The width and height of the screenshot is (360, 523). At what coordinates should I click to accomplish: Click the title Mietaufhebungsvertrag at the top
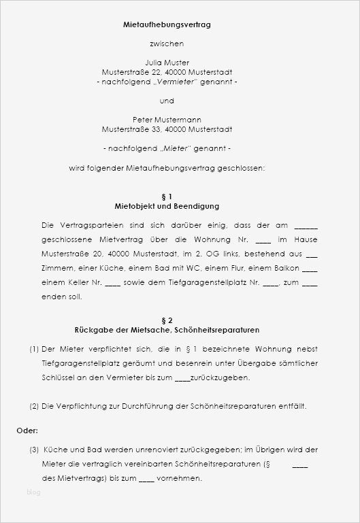[x=167, y=24]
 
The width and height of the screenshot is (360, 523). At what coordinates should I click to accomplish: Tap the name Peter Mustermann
[x=167, y=120]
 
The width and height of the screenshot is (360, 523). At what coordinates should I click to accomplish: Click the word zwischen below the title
[x=167, y=44]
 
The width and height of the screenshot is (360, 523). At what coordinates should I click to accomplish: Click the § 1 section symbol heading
[x=167, y=197]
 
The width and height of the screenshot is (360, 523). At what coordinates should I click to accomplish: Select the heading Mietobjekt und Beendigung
[x=167, y=206]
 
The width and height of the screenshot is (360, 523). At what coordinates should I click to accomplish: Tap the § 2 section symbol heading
[x=167, y=320]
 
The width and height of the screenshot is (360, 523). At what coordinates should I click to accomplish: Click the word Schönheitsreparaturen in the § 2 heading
[x=216, y=330]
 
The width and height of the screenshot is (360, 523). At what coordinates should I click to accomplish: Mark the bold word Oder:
[x=27, y=431]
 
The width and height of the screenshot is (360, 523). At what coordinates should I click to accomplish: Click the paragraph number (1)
[x=34, y=349]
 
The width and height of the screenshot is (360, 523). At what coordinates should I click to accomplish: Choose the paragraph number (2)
[x=34, y=406]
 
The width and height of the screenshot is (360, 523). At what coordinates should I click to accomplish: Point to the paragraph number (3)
[x=34, y=450]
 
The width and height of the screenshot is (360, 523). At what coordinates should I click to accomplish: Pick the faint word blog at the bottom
[x=33, y=492]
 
